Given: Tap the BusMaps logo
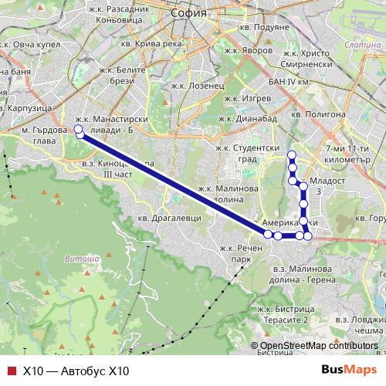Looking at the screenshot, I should [344, 371].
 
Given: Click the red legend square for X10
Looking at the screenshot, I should [11, 371].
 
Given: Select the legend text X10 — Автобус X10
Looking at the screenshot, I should [76, 371].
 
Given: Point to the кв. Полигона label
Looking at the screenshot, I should [319, 113].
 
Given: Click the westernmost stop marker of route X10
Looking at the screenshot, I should [78, 129].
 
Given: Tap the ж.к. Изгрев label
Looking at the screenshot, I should [246, 100].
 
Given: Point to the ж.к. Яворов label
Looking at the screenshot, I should [247, 49].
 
